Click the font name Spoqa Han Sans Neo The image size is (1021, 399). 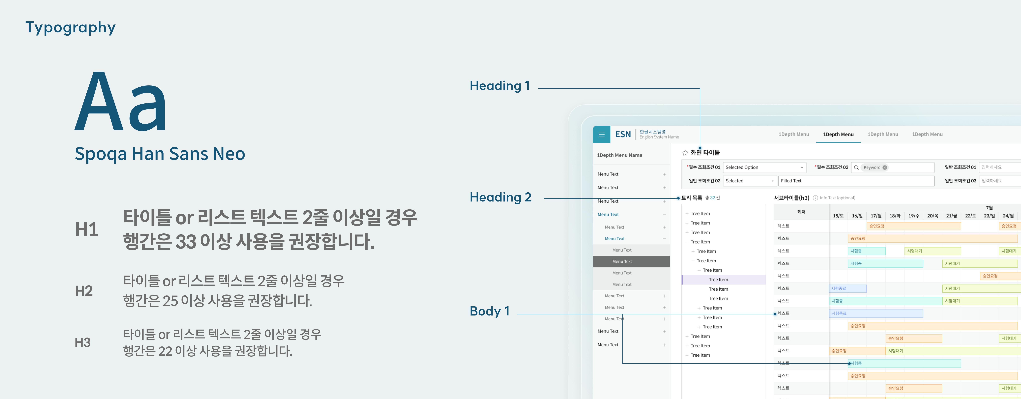click(160, 154)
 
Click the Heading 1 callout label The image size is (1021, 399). click(499, 86)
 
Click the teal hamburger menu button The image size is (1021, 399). click(601, 134)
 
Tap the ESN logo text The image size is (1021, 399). click(623, 134)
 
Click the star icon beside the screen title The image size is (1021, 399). click(685, 153)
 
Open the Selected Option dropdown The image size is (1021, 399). click(764, 167)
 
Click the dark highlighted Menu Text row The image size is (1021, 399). click(631, 261)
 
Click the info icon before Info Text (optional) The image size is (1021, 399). click(815, 198)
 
